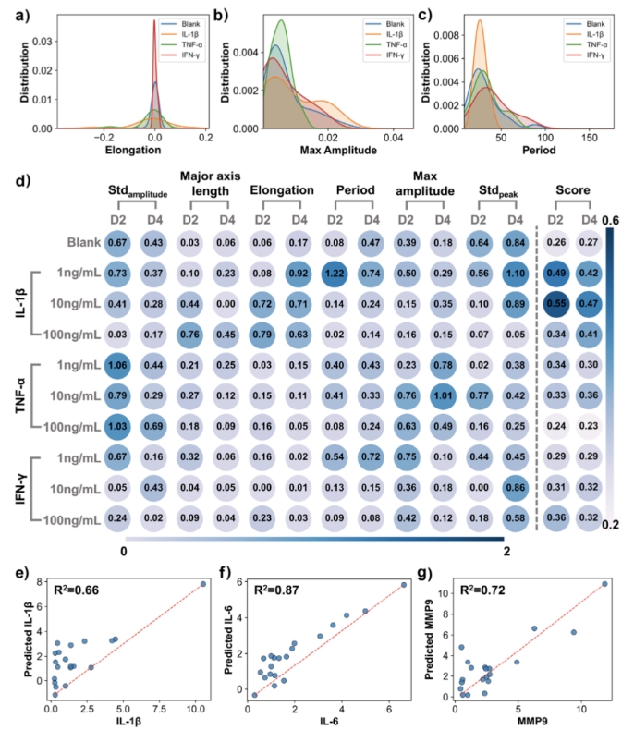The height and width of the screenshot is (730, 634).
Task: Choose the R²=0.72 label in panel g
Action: point(482,589)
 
